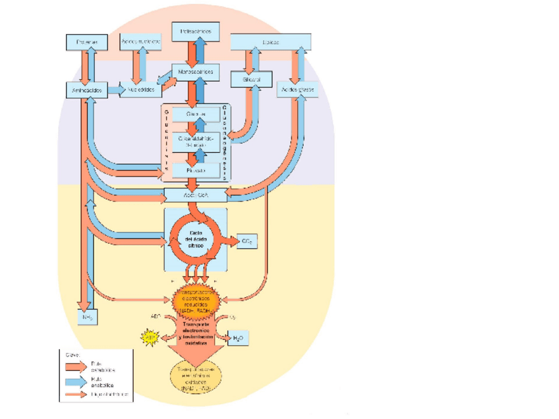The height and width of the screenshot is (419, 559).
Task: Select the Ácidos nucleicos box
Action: click(x=141, y=42)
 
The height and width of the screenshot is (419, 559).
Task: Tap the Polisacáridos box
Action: click(x=196, y=31)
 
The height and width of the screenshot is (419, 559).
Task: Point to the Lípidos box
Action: click(x=270, y=42)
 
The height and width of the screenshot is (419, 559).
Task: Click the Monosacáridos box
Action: click(x=196, y=70)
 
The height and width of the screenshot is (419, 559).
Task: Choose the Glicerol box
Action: click(x=247, y=79)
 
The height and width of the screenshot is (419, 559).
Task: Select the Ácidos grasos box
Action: click(x=297, y=89)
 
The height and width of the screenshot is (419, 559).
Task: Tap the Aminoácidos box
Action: click(x=87, y=90)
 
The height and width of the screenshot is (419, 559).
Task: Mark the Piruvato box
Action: click(x=195, y=171)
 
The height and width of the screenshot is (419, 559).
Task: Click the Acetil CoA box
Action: click(x=195, y=195)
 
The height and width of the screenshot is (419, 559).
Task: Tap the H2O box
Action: click(x=238, y=339)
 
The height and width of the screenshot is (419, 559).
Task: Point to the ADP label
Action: click(x=156, y=316)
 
